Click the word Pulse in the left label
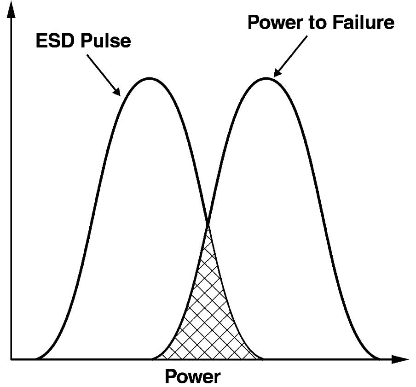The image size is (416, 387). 105,41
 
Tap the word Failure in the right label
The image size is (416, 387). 363,22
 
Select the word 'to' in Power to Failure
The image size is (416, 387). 317,23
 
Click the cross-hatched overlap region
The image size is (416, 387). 208,313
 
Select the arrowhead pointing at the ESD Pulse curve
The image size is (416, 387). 117,92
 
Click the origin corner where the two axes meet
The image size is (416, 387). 11,359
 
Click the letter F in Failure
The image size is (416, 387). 337,23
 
